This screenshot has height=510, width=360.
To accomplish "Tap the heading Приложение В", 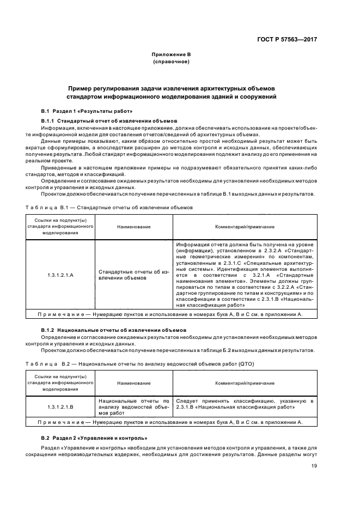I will coord(171,55).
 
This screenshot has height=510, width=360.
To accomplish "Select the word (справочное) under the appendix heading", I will coord(171,62).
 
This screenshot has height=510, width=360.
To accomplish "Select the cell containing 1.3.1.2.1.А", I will coord(60,275).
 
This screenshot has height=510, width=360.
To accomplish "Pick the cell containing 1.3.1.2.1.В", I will coord(60,406).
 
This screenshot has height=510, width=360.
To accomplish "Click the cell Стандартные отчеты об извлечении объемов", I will coord(133,275).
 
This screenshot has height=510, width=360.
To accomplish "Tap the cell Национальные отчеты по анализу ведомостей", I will coord(133,406).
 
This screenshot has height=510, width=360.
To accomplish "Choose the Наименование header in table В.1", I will coord(133,227).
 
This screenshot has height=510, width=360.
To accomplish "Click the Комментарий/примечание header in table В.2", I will coord(244,383).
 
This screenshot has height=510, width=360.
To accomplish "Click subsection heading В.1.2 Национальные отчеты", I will coord(114,330).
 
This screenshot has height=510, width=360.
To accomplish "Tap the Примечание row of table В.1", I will coord(170,314).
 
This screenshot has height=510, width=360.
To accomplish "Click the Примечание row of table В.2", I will coord(170,422).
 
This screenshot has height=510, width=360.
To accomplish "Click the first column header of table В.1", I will coord(60,227).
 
